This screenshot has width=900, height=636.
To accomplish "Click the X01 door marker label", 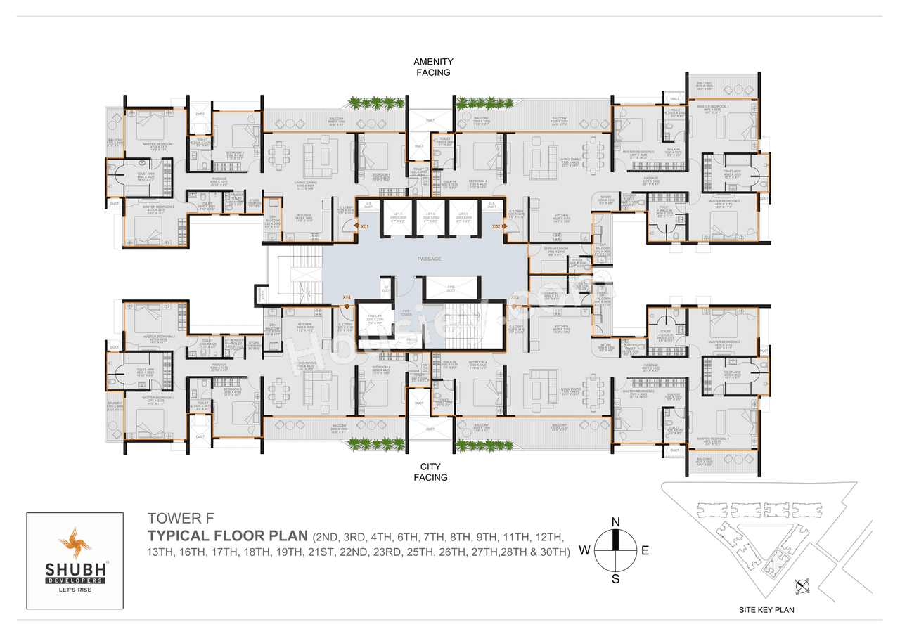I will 365,227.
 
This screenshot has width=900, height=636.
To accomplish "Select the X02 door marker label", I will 496,227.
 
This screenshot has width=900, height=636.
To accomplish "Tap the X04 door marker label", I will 347,297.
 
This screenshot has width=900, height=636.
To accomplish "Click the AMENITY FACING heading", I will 432,67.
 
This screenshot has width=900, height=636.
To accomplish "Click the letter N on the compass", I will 615,521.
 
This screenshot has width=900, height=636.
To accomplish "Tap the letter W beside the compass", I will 584,550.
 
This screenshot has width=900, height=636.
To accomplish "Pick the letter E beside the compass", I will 645,550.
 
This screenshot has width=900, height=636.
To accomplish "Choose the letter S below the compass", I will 615,579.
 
